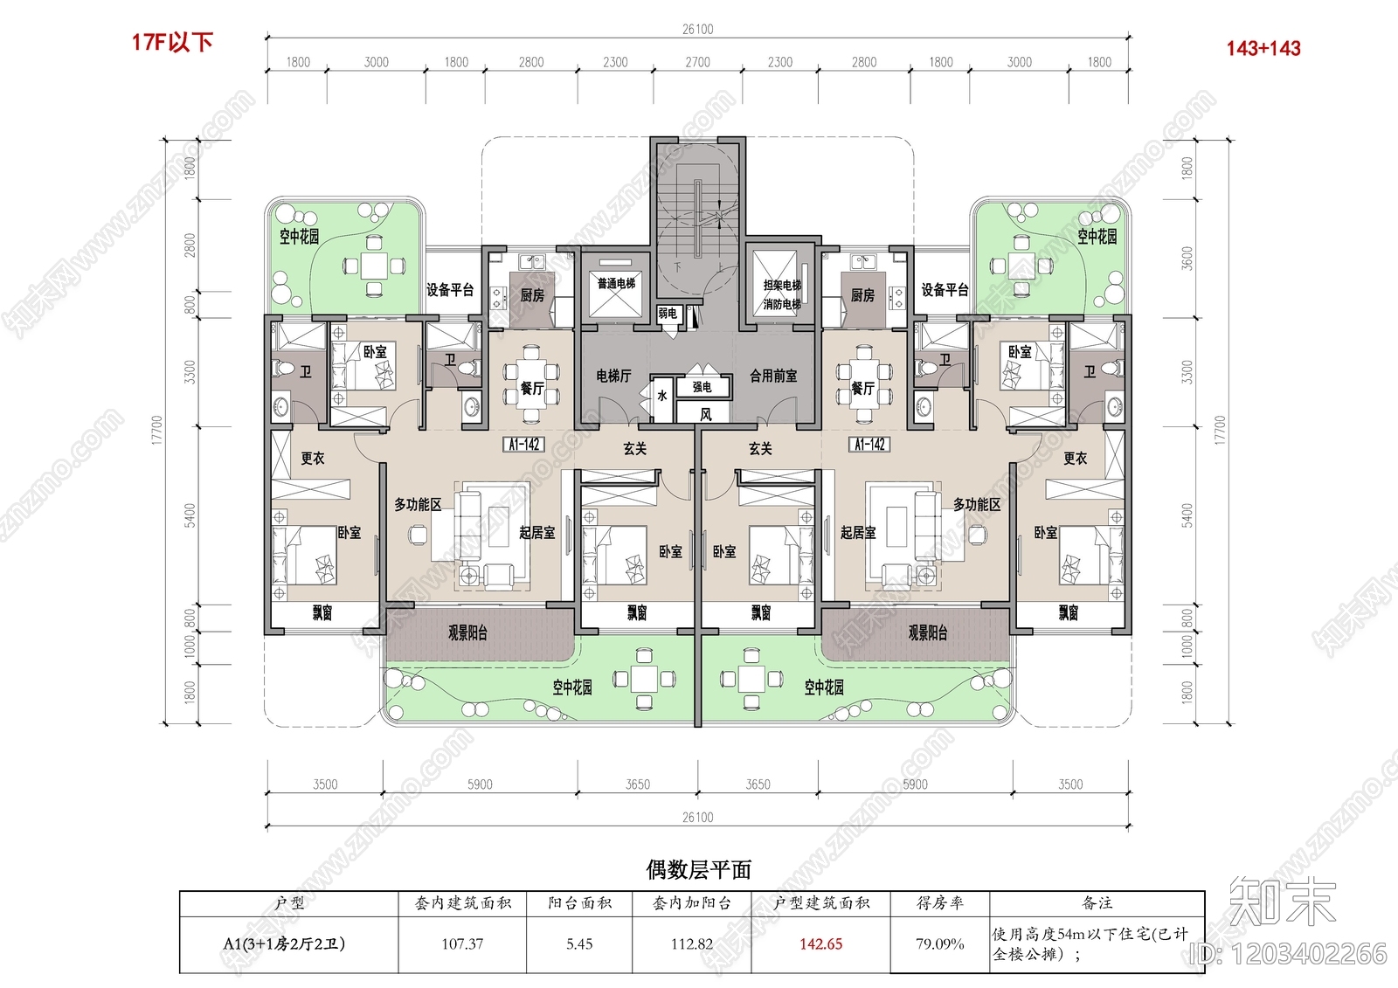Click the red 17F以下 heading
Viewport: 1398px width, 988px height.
[x=172, y=42]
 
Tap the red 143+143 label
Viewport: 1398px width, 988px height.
[x=1263, y=49]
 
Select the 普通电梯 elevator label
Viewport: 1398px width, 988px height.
[x=616, y=283]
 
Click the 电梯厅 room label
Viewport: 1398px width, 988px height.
[x=613, y=376]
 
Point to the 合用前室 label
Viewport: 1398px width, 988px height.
[x=773, y=376]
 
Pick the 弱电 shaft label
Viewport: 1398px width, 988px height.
[x=668, y=313]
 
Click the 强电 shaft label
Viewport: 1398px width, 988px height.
[x=702, y=386]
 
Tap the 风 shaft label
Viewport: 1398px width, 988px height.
[x=705, y=414]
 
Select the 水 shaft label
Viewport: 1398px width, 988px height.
[x=661, y=395]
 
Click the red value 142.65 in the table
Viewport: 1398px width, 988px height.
[x=820, y=944]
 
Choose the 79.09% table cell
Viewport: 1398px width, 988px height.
[x=939, y=944]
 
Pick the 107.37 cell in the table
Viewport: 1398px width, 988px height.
[x=462, y=944]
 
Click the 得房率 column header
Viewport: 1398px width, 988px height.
[x=939, y=902]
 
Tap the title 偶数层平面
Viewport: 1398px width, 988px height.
[x=698, y=869]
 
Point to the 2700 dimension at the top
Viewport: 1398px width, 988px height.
[x=697, y=62]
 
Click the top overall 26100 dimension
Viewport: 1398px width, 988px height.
[x=697, y=29]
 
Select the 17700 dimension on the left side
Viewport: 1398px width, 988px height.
[x=157, y=430]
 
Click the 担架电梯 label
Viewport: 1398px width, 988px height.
[x=782, y=285]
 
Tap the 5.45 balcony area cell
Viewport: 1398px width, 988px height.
[x=579, y=944]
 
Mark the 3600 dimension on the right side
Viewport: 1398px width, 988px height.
[x=1187, y=259]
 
